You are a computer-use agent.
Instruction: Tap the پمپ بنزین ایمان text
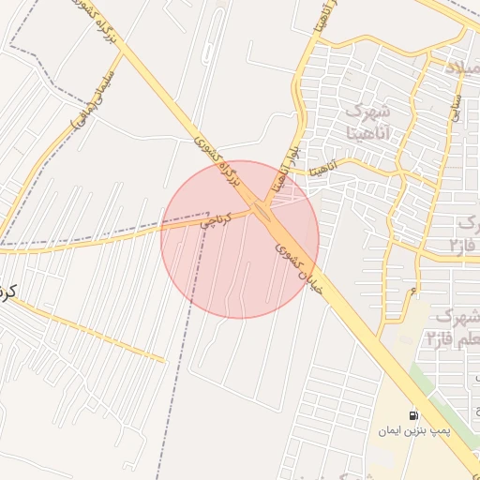414,431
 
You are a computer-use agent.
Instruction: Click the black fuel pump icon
413,413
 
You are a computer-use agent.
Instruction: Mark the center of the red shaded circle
240,239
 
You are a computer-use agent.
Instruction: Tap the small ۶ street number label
413,293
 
